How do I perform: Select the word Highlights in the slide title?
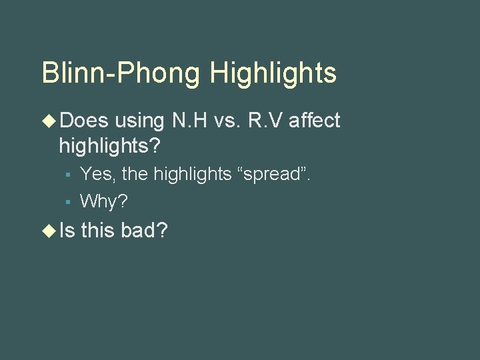pos(273,73)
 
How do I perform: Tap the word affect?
pos(315,121)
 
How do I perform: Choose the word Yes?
pos(97,175)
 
